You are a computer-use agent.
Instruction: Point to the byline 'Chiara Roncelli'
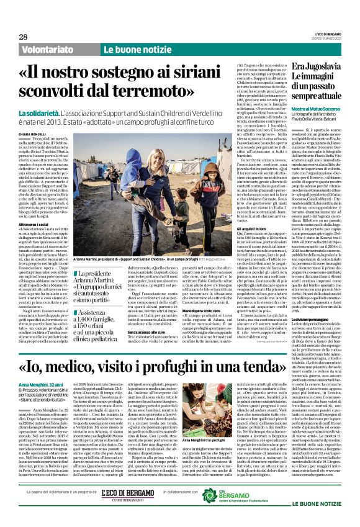click(31, 132)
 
